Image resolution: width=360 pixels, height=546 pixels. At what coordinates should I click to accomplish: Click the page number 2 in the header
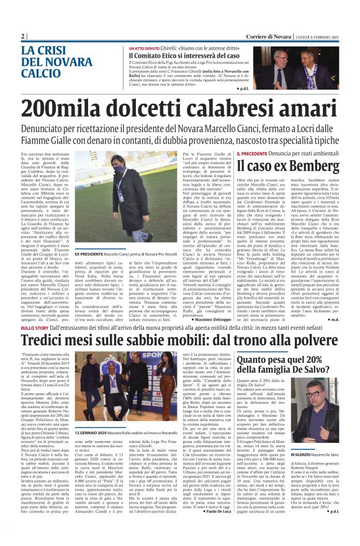[x=23, y=36]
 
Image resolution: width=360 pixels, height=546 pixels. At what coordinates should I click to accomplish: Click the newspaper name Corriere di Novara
[x=269, y=36]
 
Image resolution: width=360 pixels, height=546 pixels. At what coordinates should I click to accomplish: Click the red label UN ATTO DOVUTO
[x=144, y=47]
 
